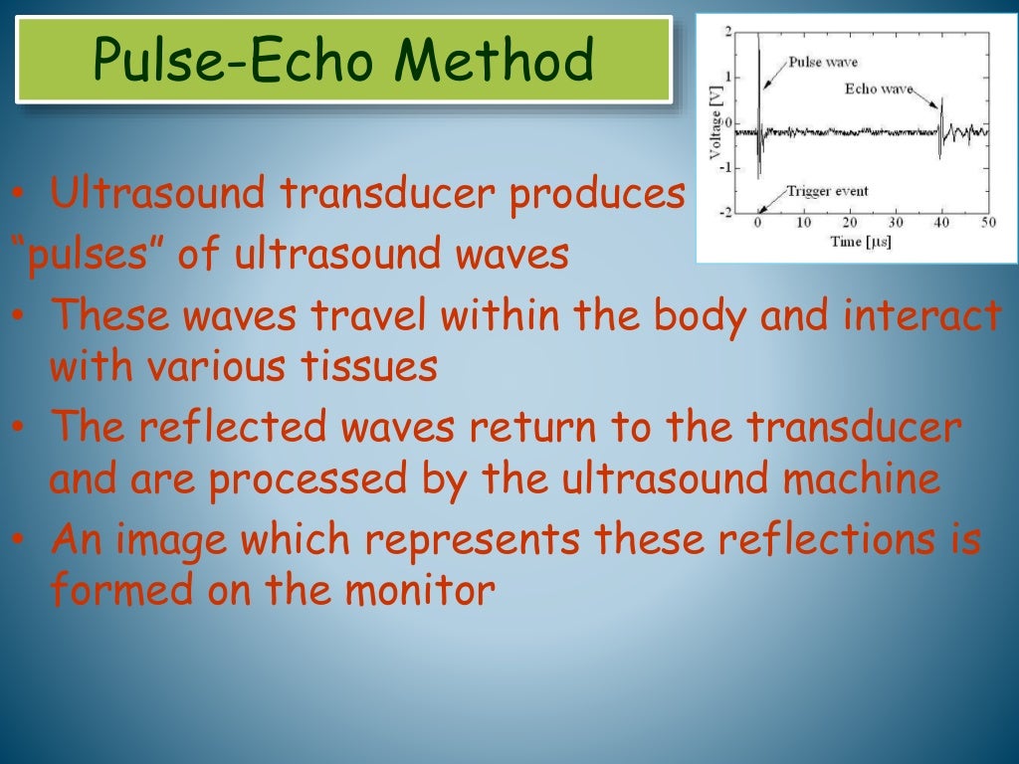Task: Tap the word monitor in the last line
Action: [419, 591]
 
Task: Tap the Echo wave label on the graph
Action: [878, 88]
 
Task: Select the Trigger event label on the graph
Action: [826, 191]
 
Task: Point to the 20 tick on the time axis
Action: [849, 223]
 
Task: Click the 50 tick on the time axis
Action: [986, 223]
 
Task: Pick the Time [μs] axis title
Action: [862, 242]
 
